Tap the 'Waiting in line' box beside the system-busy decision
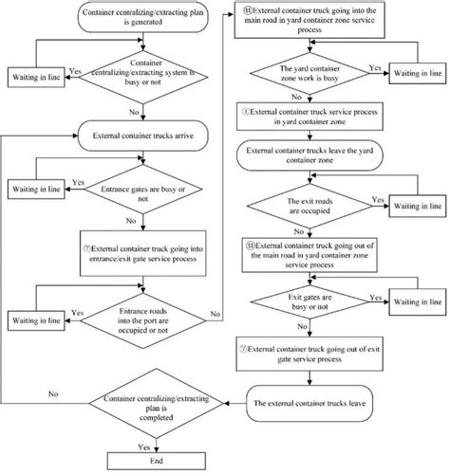click(x=35, y=76)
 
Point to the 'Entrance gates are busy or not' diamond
click(x=130, y=195)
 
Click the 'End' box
click(x=130, y=461)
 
